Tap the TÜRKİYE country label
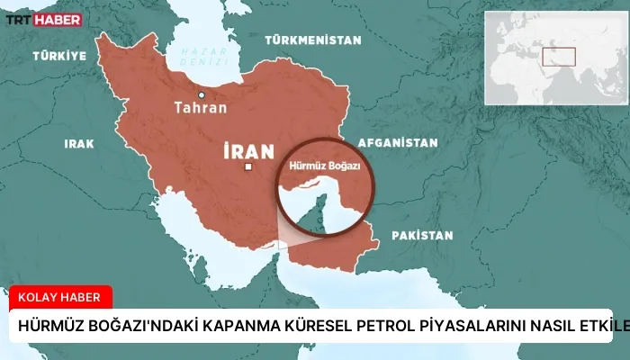(x=59, y=56)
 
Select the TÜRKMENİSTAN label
(x=312, y=40)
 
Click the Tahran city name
(x=200, y=108)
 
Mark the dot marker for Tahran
(x=202, y=94)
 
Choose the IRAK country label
(x=78, y=143)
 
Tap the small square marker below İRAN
(x=248, y=167)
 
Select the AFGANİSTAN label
(x=397, y=142)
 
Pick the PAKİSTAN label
(x=421, y=235)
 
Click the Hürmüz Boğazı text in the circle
(x=324, y=166)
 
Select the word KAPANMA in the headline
(x=203, y=328)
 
